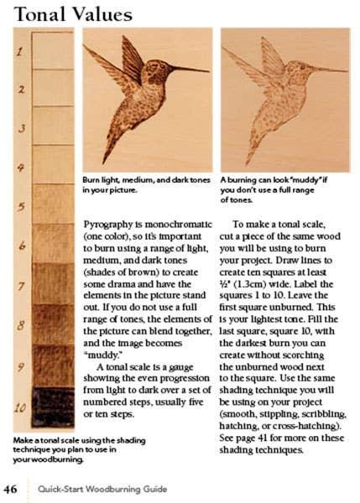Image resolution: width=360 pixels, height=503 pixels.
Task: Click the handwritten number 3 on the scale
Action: click(x=20, y=130)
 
